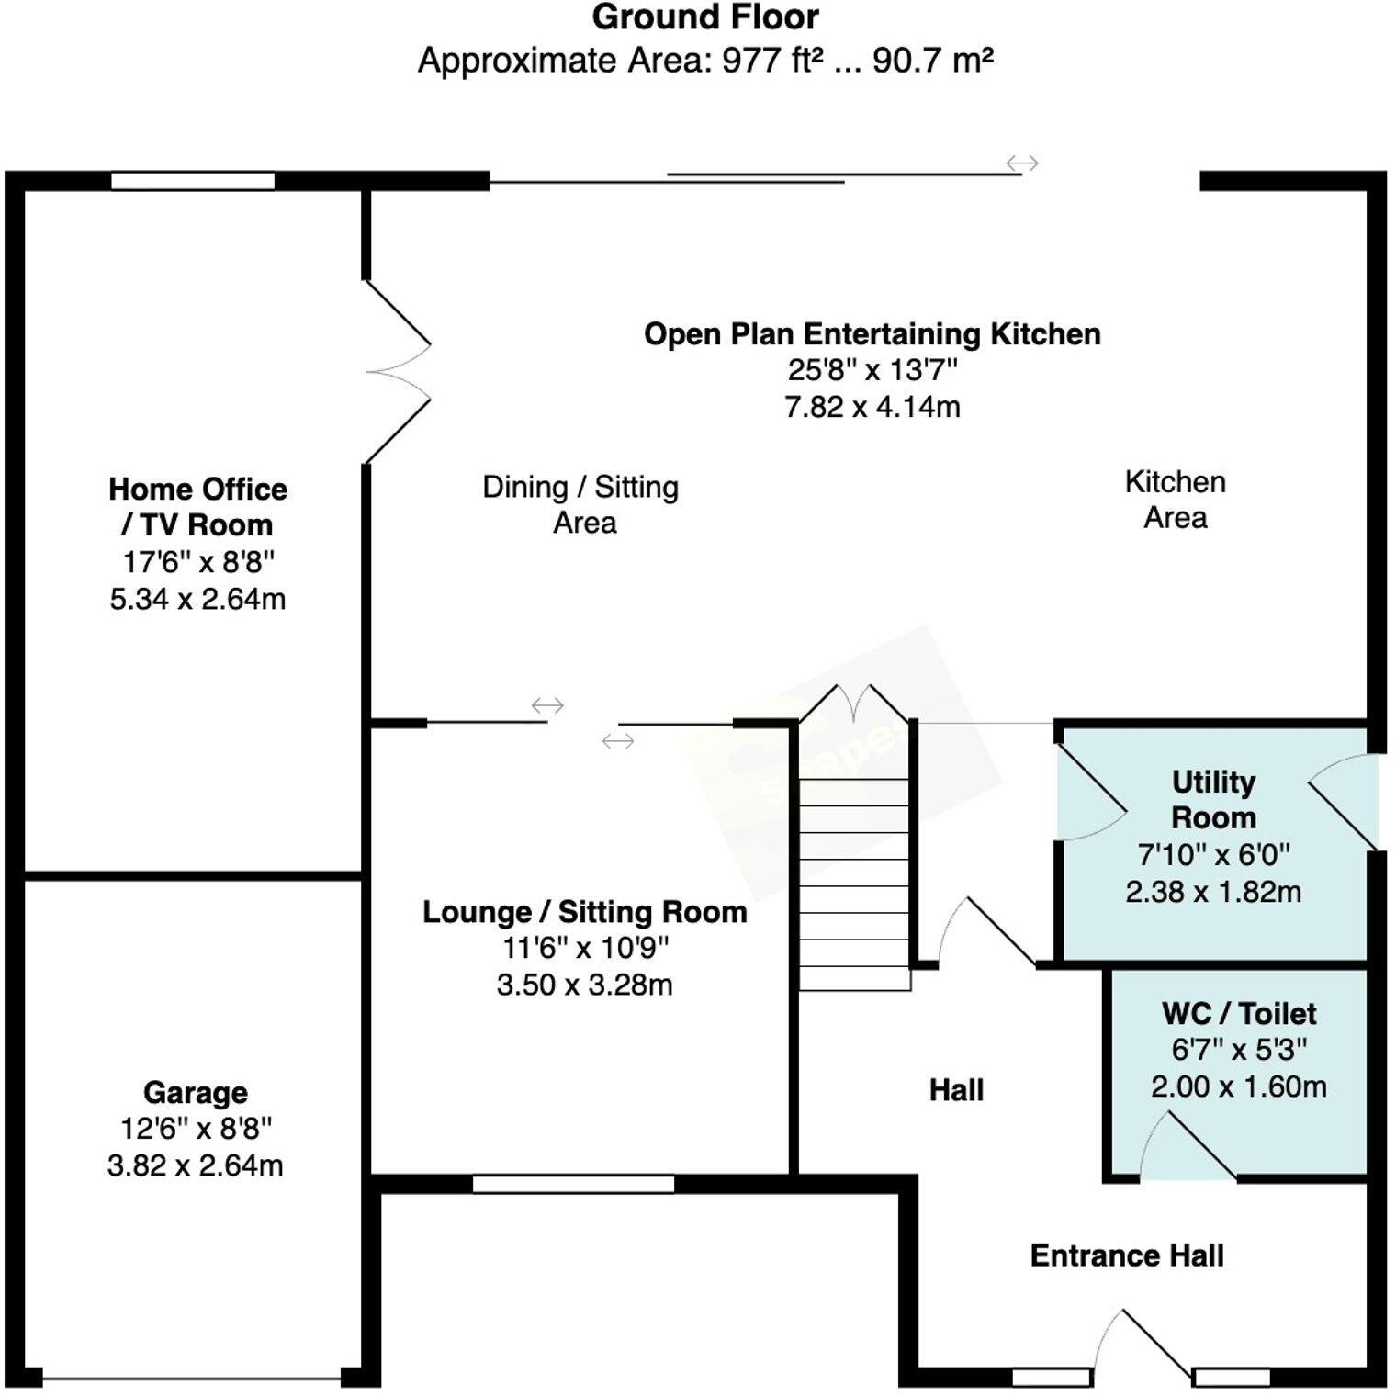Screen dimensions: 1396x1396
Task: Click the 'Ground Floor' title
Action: click(x=704, y=17)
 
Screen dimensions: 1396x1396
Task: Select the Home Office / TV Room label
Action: click(x=197, y=506)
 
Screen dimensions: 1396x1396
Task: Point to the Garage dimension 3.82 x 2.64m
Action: click(x=195, y=1165)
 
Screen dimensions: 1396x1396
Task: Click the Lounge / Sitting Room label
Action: click(x=584, y=912)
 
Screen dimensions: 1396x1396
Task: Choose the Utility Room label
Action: click(x=1213, y=799)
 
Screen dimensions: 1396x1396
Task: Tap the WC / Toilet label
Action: click(x=1238, y=1013)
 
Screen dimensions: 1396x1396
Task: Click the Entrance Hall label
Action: click(x=1126, y=1255)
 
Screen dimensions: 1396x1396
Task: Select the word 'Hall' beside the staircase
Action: click(x=956, y=1090)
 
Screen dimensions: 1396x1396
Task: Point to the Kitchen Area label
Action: click(x=1175, y=500)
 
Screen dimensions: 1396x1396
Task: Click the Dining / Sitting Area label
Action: click(x=580, y=504)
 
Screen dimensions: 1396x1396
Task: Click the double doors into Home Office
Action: click(x=397, y=372)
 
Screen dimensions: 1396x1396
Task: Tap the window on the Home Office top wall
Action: click(x=193, y=181)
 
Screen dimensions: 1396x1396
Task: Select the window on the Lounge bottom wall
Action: click(x=573, y=1185)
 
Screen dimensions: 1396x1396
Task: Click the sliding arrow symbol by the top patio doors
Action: click(x=1021, y=163)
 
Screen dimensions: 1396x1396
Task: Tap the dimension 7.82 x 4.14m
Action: click(x=872, y=406)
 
